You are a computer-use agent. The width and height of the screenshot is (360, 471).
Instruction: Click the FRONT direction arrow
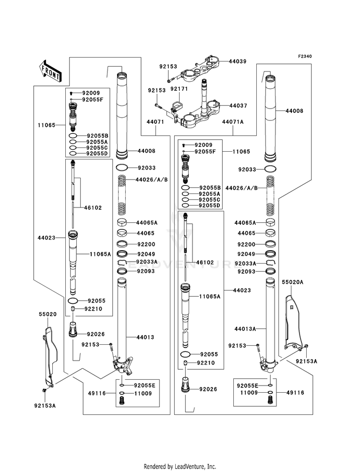click(x=50, y=71)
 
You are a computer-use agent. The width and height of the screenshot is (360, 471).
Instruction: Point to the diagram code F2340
click(x=305, y=56)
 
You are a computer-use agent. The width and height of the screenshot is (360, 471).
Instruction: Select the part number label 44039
click(x=238, y=61)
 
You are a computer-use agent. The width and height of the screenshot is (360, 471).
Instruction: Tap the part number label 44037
click(x=238, y=106)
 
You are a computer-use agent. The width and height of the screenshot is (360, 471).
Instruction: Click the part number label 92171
click(x=179, y=89)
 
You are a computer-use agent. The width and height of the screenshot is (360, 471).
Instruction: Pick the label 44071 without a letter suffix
click(x=155, y=122)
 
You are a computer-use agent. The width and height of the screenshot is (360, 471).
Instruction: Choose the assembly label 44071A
click(x=233, y=122)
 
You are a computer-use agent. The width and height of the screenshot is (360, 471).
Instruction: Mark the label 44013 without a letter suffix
click(x=145, y=338)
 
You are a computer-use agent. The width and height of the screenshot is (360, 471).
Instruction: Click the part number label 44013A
click(x=245, y=329)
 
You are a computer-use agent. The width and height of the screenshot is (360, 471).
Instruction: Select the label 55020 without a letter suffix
click(x=48, y=314)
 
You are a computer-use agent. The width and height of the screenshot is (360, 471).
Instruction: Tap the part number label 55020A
click(x=292, y=282)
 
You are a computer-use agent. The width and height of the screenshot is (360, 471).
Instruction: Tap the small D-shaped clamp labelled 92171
click(x=176, y=106)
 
